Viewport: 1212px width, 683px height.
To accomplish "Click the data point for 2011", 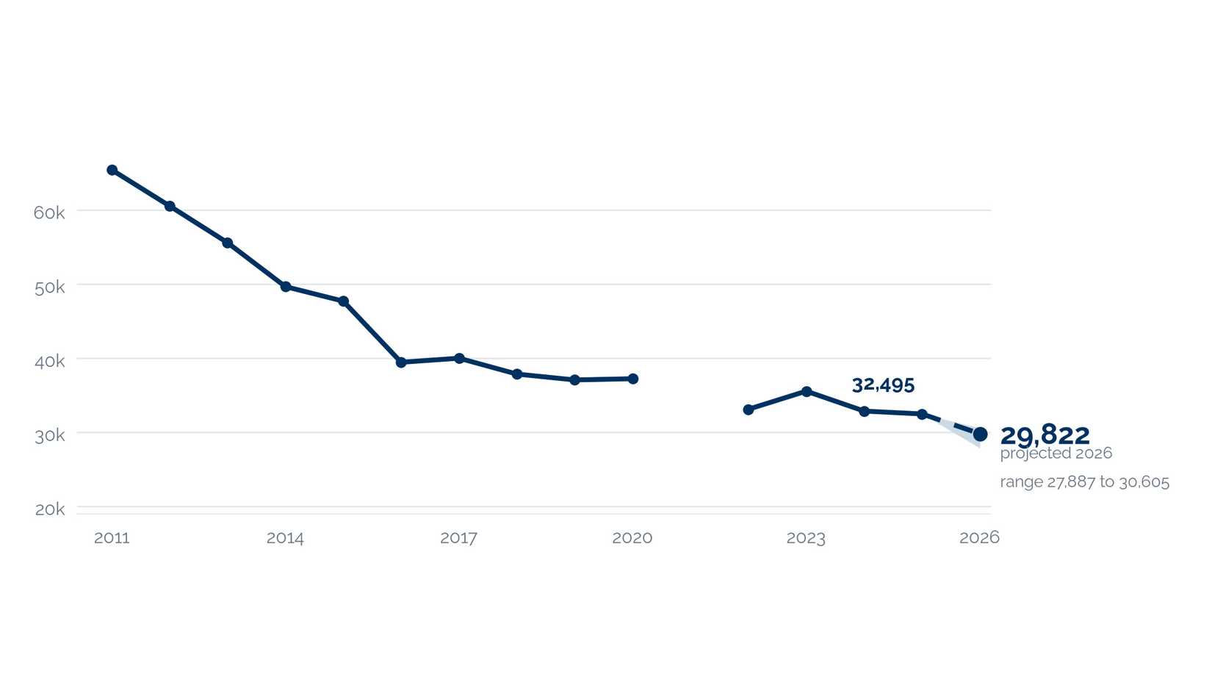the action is coord(112,170).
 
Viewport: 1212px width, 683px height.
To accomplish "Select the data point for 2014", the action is coord(286,287).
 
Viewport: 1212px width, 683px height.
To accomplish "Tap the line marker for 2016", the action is coord(401,362).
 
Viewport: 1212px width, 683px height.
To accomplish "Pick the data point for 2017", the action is coord(459,358).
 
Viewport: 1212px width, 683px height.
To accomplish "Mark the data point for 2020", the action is coord(633,379).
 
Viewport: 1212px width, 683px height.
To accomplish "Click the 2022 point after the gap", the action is coord(749,410).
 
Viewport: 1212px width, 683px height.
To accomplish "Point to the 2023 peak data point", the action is coord(807,391).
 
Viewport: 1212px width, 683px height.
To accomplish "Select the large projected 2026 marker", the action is coord(980,434).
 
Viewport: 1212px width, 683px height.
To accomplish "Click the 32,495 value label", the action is coord(883,385).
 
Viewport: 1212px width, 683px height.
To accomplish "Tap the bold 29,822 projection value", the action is coord(1045,435).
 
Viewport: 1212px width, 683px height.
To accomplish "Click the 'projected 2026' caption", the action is coord(1056,454).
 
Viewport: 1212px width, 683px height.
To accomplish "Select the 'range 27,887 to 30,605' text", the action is coord(1084,482).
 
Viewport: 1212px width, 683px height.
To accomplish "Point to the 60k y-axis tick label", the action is coord(49,213).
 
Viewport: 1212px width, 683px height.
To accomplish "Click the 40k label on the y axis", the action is coord(49,361).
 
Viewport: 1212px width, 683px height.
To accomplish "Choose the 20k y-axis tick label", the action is coord(49,509).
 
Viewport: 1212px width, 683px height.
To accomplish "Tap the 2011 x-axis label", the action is coord(112,538).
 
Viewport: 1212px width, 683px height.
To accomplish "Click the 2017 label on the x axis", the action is coord(459,538).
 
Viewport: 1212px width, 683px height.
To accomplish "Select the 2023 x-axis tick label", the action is coord(806,538).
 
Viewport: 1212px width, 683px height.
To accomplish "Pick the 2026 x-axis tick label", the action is coord(979,537).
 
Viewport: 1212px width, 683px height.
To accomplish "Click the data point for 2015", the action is coord(344,301).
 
